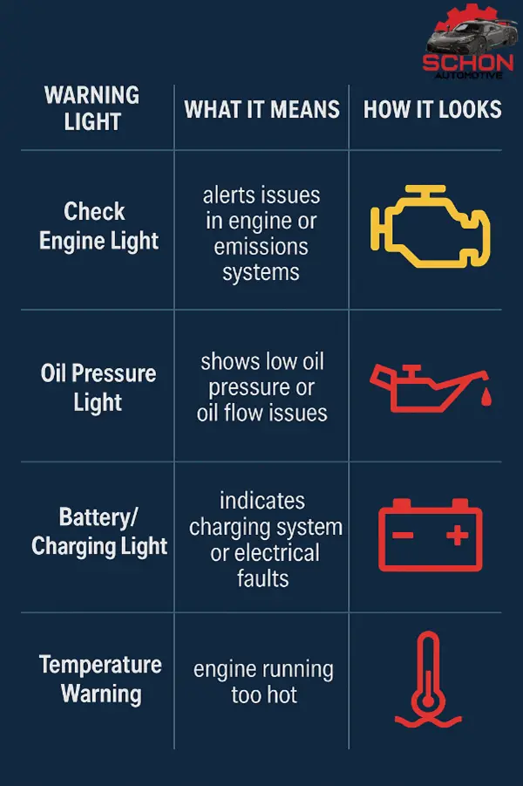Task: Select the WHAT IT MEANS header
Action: [x=261, y=109]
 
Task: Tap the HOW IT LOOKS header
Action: [x=432, y=109]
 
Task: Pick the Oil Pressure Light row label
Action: [x=98, y=387]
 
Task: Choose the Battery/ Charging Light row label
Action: [x=98, y=531]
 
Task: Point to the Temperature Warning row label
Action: [x=100, y=679]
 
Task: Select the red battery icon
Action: [x=430, y=534]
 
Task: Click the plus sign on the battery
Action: [x=457, y=535]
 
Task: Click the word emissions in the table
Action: [x=261, y=247]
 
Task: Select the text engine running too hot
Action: [x=263, y=682]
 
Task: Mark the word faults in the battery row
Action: [x=262, y=578]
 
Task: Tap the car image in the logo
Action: [x=466, y=36]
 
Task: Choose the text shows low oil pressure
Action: [x=261, y=373]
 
